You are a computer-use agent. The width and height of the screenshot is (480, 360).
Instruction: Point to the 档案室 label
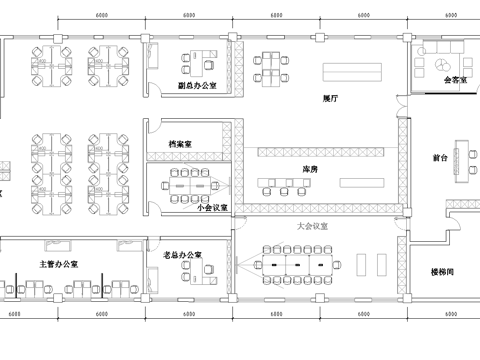pyautogui.click(x=180, y=144)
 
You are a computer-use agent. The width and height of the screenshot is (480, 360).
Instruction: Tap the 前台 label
pyautogui.click(x=439, y=158)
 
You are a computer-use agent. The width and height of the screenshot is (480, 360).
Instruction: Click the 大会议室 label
pyautogui.click(x=313, y=226)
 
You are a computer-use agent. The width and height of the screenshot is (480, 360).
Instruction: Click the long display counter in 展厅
pyautogui.click(x=351, y=70)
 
